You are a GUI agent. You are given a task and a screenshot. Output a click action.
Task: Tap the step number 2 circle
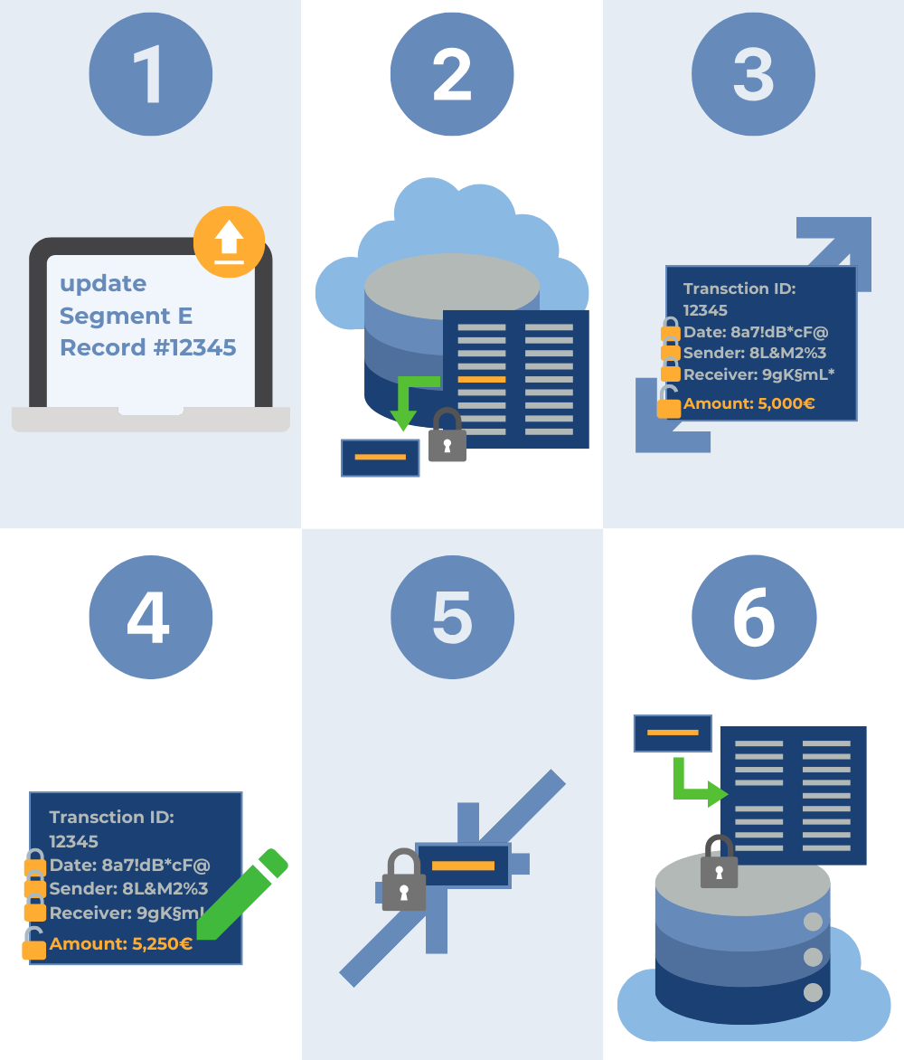(x=452, y=74)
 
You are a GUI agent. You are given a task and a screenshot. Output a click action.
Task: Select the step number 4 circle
(x=150, y=618)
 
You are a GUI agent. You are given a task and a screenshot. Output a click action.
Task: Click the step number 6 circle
(x=754, y=618)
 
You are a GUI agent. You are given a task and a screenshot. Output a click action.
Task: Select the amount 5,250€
(x=162, y=944)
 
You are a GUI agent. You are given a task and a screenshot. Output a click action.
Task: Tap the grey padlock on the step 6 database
(x=720, y=863)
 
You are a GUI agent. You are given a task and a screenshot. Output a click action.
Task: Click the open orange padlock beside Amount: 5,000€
(x=669, y=403)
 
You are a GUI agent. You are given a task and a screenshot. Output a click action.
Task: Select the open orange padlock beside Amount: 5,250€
(x=34, y=944)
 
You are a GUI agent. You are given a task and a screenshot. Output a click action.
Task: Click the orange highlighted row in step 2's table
(x=481, y=379)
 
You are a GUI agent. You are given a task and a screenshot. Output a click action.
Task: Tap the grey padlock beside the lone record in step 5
(x=403, y=881)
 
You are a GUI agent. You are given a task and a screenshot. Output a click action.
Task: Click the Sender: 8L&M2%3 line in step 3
(x=754, y=353)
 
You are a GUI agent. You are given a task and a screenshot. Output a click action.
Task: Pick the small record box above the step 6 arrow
(x=673, y=733)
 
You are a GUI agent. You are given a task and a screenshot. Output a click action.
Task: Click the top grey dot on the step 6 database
(x=814, y=923)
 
